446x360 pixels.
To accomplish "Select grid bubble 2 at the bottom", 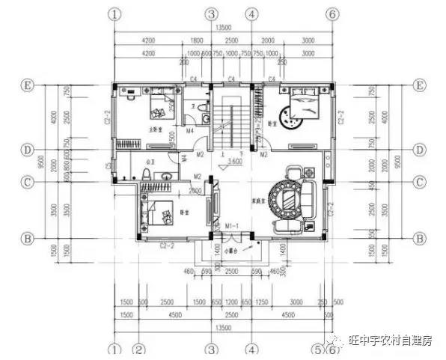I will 138,349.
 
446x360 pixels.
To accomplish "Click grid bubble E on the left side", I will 28,86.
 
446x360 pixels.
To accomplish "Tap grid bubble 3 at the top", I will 212,13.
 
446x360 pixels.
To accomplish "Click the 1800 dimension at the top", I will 197,40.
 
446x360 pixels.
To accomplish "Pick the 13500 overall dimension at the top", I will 222,28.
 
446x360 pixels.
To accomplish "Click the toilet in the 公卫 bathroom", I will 147,174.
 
